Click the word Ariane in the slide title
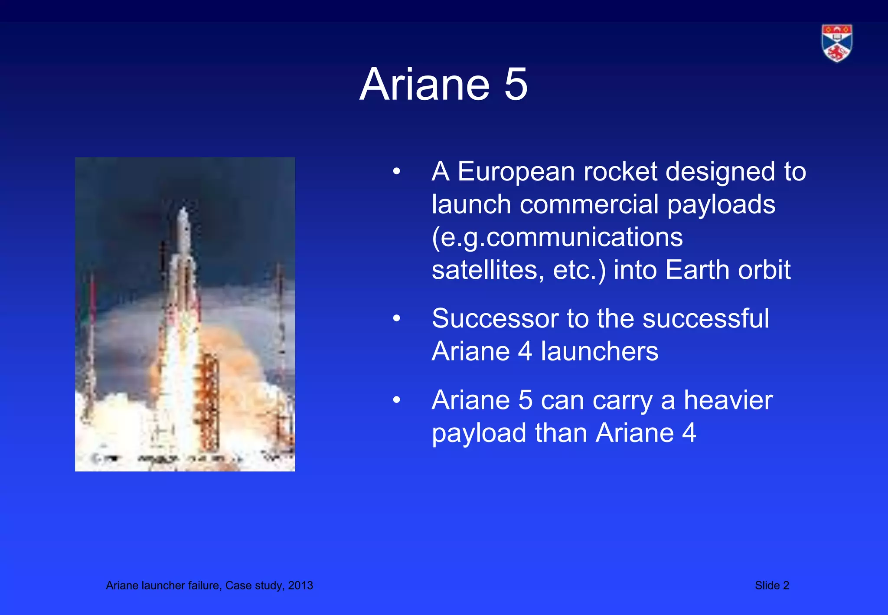[424, 85]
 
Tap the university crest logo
[837, 43]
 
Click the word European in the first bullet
[516, 172]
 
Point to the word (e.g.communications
[557, 238]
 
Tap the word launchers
[599, 351]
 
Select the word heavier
[728, 400]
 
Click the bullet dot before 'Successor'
[396, 319]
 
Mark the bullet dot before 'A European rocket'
[396, 172]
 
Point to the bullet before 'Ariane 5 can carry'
[396, 400]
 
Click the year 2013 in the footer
[300, 586]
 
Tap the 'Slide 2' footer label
[772, 586]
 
